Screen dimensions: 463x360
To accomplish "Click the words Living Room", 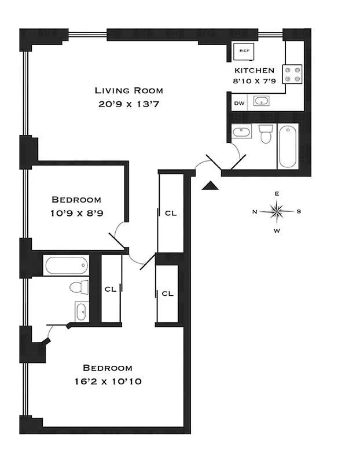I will [x=129, y=90].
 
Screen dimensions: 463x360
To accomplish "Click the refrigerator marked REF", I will [x=244, y=51].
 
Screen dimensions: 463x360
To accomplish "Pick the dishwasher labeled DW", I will [x=238, y=104].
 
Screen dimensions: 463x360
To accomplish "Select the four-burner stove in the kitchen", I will [x=294, y=72].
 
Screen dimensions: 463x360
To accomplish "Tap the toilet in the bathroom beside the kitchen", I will [x=266, y=134].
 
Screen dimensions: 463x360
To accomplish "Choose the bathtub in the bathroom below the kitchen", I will [x=288, y=146].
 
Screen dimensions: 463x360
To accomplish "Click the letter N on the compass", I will [x=255, y=212].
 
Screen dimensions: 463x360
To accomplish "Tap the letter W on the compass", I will [x=277, y=231].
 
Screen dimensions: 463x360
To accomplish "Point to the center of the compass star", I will [x=277, y=211].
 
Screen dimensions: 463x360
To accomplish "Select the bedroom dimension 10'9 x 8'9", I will [x=75, y=213].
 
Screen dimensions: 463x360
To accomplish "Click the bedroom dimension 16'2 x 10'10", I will [x=108, y=381].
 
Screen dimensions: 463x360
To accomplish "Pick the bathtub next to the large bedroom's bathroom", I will [x=66, y=266].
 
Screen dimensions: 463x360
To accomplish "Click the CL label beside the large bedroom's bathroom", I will [x=111, y=289].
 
